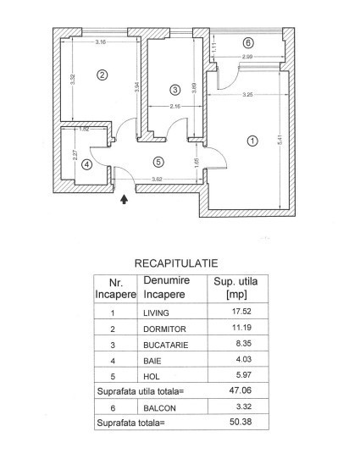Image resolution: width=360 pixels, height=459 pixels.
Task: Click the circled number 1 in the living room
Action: tap(252, 141)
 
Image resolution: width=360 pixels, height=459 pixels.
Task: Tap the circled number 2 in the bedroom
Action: tap(102, 75)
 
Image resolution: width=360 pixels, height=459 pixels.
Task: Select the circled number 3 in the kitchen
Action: tap(175, 90)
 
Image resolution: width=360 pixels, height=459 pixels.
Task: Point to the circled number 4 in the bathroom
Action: tap(86, 164)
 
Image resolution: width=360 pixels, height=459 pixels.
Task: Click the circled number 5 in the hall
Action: tap(158, 162)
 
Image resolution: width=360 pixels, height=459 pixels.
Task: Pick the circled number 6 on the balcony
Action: tap(248, 43)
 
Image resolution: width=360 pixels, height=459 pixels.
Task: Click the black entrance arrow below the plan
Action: tap(125, 199)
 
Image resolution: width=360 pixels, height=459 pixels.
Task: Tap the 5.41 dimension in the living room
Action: tap(280, 140)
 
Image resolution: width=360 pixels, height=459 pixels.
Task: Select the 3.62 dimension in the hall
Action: tap(157, 180)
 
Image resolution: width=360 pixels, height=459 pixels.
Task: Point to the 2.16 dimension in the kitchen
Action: tap(175, 107)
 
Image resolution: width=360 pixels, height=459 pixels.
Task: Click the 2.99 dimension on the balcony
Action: tap(247, 57)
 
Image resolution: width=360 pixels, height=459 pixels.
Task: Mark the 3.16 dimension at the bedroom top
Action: tap(101, 41)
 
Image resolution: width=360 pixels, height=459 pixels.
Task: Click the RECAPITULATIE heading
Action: tap(176, 263)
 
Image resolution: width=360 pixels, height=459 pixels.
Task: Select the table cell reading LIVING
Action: tap(156, 313)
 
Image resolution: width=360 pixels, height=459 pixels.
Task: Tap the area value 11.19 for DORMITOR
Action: tap(241, 327)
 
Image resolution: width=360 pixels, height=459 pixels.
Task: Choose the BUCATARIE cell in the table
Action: tap(166, 345)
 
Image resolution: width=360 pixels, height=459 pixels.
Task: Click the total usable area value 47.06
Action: tap(241, 390)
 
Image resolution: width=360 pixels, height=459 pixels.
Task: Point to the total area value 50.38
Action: tap(241, 422)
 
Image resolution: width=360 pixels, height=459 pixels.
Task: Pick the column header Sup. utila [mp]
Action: tap(235, 288)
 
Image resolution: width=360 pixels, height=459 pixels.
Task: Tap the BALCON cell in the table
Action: tap(159, 408)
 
